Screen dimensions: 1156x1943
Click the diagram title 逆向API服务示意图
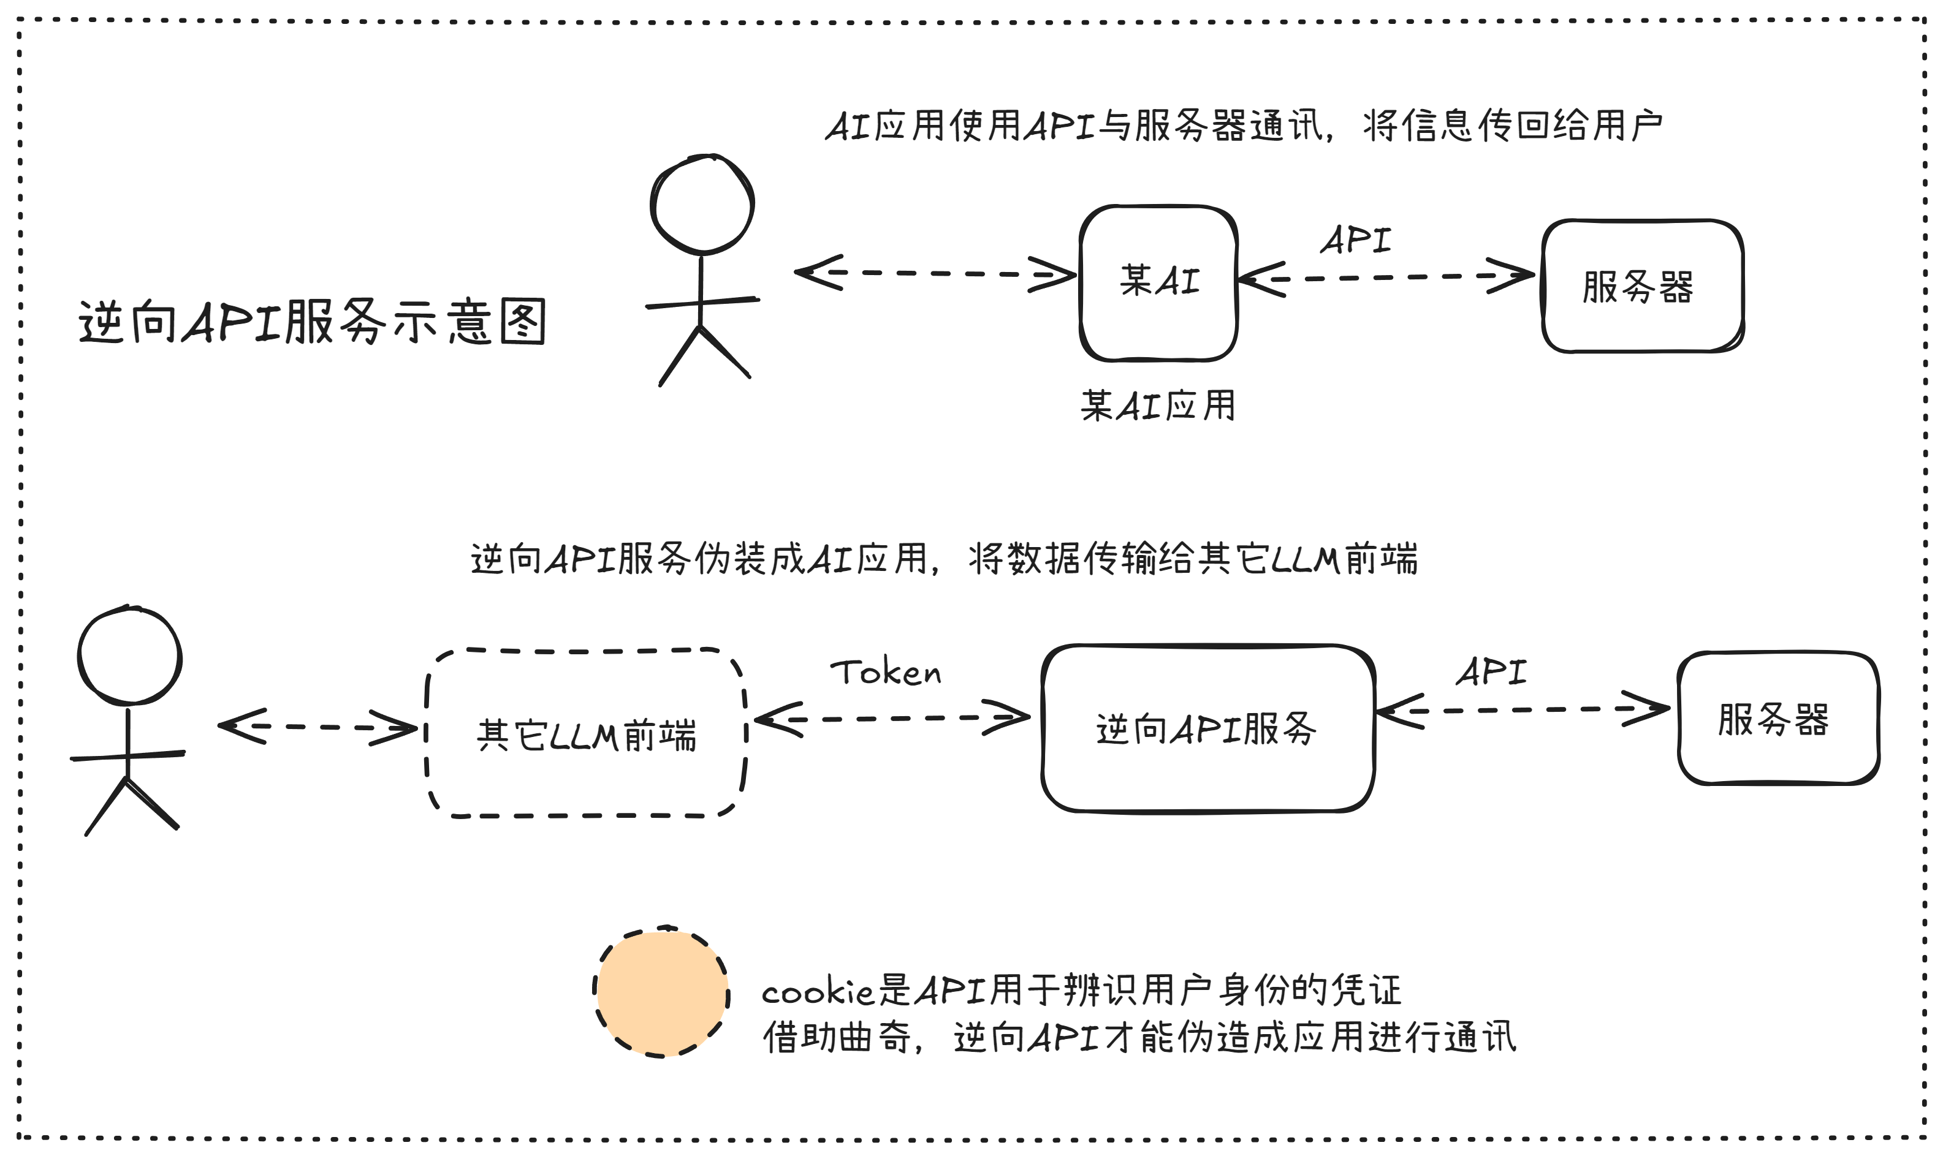[312, 321]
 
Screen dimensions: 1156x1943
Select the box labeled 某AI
[1158, 283]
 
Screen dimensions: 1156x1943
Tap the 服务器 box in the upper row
[1641, 286]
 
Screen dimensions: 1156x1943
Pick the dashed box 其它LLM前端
[586, 733]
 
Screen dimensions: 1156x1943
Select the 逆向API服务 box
[1207, 728]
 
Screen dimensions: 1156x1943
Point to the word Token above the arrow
[885, 672]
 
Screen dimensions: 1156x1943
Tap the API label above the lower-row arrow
[1491, 671]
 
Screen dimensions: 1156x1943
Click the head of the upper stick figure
[702, 205]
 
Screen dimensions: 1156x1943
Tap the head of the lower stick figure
[129, 655]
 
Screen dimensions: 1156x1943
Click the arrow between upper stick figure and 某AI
[935, 273]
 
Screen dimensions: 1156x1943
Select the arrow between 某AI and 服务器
[1386, 278]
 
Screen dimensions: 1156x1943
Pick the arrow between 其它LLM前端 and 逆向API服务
[892, 718]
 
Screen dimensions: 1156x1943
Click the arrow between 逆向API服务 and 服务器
[1522, 709]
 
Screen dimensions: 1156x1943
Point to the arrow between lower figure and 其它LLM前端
[317, 727]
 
